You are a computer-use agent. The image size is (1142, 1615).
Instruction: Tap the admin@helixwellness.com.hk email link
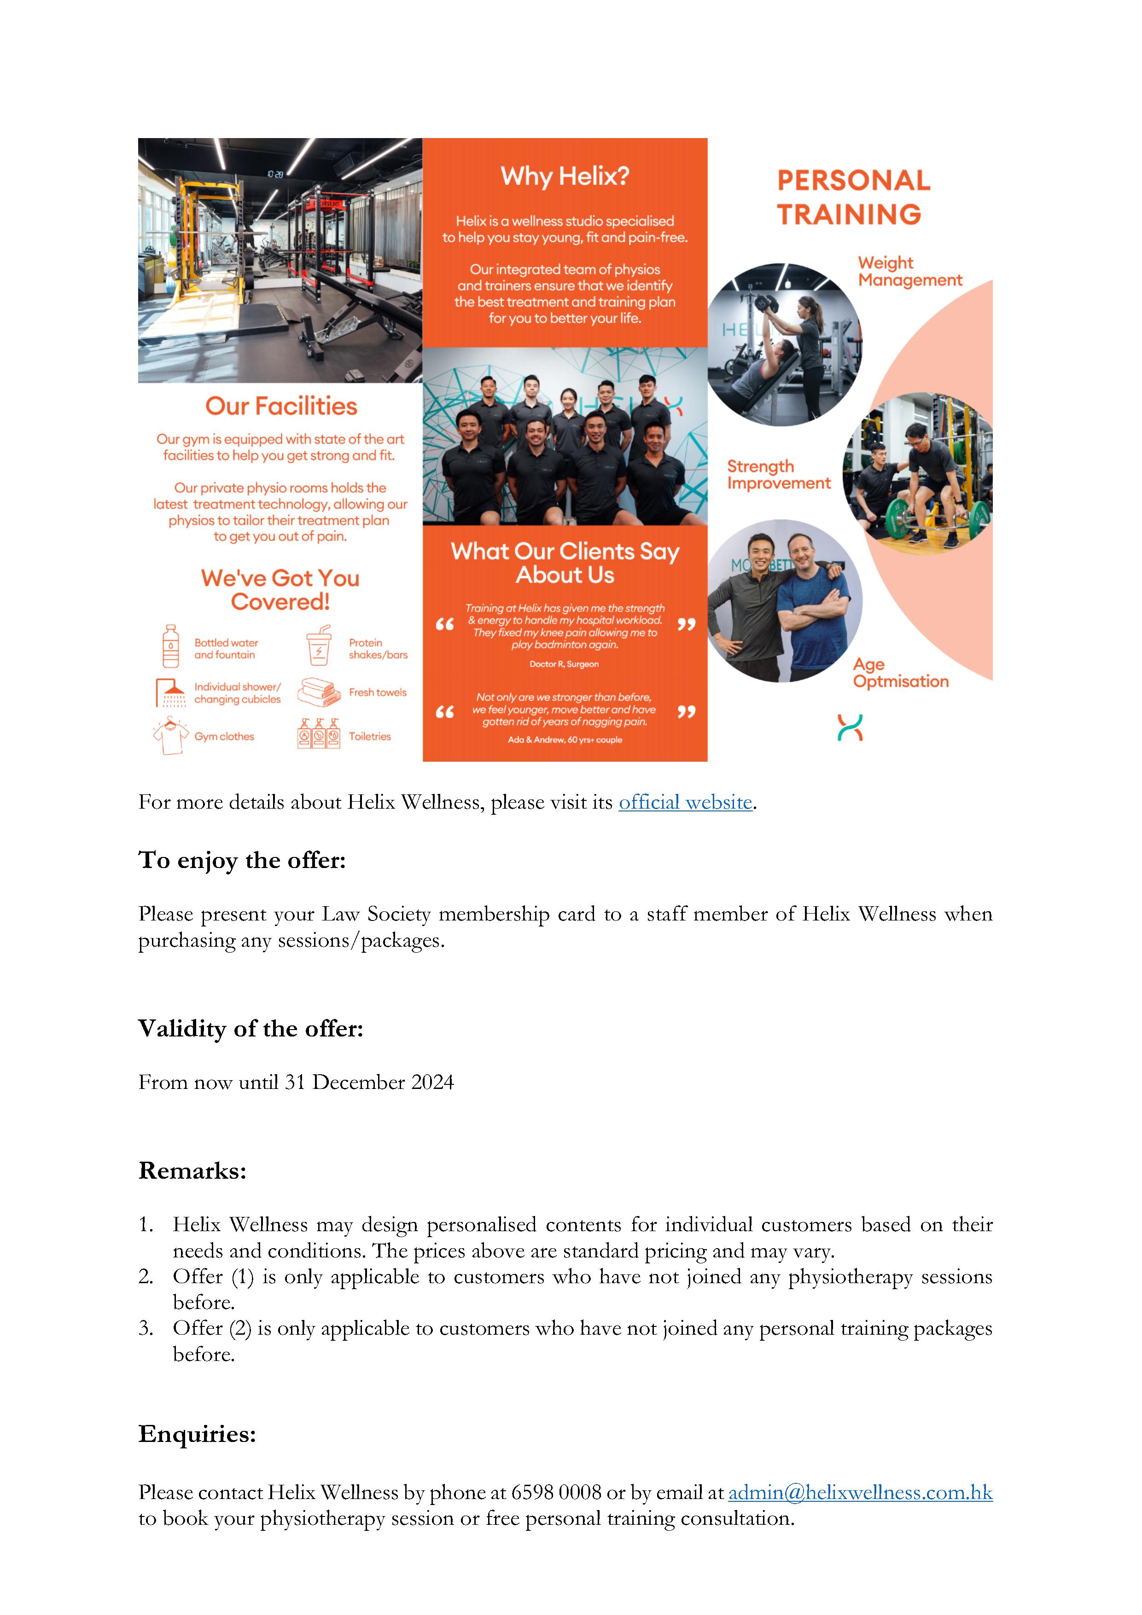point(860,1492)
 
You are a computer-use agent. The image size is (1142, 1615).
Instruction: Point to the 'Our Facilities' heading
point(281,406)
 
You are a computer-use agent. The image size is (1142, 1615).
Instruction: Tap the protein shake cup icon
point(319,646)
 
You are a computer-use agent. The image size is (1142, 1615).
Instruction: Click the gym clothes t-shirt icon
point(170,736)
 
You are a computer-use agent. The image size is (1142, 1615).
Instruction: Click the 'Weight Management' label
point(909,272)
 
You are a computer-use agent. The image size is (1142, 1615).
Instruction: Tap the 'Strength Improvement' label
point(778,475)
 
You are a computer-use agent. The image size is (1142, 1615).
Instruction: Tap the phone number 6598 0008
point(556,1492)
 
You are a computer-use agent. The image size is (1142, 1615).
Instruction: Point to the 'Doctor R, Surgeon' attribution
point(564,664)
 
